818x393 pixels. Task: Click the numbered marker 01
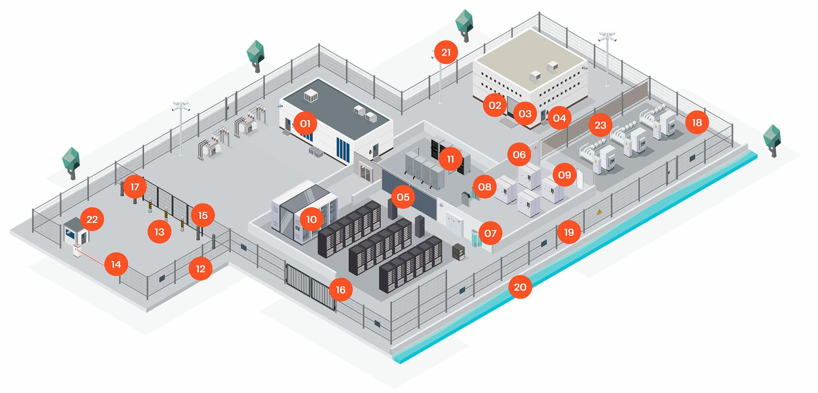coord(305,124)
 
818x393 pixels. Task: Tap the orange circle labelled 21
coord(446,53)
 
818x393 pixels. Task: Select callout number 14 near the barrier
coord(116,265)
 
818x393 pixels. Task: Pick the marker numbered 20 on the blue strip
coord(520,287)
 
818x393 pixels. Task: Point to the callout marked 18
coord(697,123)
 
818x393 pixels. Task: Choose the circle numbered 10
coord(311,220)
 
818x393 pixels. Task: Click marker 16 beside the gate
coord(340,290)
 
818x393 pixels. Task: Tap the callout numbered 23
coord(600,125)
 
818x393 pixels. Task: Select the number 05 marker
coord(403,197)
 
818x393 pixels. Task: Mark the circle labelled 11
coord(450,159)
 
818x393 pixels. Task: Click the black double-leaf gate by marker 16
coord(310,287)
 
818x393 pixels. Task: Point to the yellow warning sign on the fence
coord(599,212)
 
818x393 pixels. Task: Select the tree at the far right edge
coord(772,140)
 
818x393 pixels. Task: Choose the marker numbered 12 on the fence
coord(200,269)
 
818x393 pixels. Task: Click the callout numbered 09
coord(564,175)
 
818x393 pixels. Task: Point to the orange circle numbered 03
coord(525,114)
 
